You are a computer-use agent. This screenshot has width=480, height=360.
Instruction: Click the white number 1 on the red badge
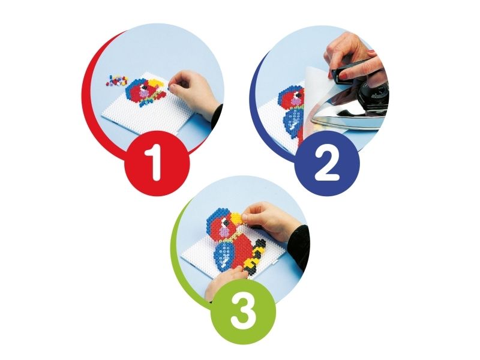click(x=155, y=163)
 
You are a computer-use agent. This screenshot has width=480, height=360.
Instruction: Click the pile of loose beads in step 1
click(x=116, y=80)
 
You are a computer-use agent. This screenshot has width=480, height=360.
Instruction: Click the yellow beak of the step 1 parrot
click(x=158, y=83)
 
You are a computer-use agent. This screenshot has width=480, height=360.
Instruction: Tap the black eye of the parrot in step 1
click(x=144, y=87)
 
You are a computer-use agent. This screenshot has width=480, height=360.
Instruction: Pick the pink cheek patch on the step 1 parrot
click(x=143, y=92)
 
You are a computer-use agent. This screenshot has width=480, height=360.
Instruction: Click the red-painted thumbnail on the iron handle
click(x=344, y=76)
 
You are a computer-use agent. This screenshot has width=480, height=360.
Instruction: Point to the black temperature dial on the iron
click(x=373, y=91)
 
